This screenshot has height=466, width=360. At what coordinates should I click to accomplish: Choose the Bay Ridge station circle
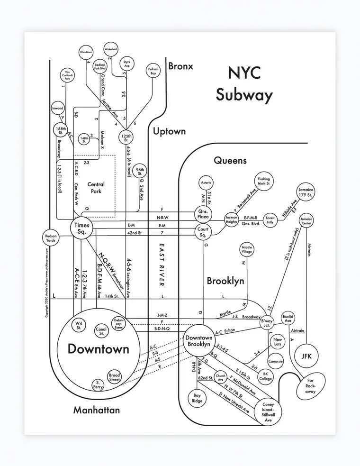coord(197,398)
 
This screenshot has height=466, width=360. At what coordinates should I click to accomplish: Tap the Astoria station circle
coord(206,183)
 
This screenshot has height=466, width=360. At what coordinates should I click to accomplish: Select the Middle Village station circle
coord(247,250)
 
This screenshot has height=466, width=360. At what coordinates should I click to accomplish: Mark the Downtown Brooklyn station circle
coord(198,341)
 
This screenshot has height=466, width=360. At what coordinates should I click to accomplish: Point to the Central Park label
coord(96,188)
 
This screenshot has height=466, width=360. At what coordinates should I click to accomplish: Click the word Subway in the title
coord(244,95)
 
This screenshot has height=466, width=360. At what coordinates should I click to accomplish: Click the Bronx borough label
coord(180,66)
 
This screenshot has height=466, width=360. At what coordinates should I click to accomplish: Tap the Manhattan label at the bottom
coord(96,410)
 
